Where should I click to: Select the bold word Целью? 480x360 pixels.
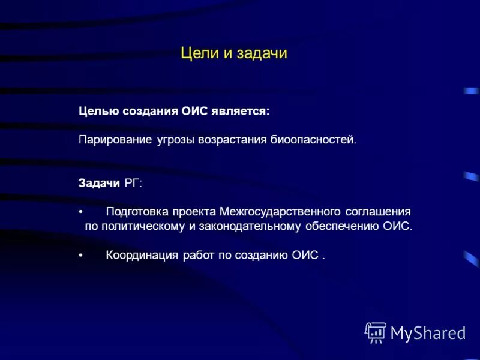pos(99,112)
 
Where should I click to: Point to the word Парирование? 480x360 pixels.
pos(113,140)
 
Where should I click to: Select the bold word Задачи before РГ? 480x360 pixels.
pos(100,183)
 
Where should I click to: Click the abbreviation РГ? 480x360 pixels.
pos(133,183)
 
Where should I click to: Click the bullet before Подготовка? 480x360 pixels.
pos(81,212)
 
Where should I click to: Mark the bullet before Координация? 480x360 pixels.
pos(81,256)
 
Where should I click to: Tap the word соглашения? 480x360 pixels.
pos(377,212)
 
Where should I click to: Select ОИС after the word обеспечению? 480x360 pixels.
pos(397,227)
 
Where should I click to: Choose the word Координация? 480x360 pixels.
pos(142,256)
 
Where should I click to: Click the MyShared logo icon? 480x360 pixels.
pos(376,332)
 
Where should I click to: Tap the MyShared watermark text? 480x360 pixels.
pos(428,332)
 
